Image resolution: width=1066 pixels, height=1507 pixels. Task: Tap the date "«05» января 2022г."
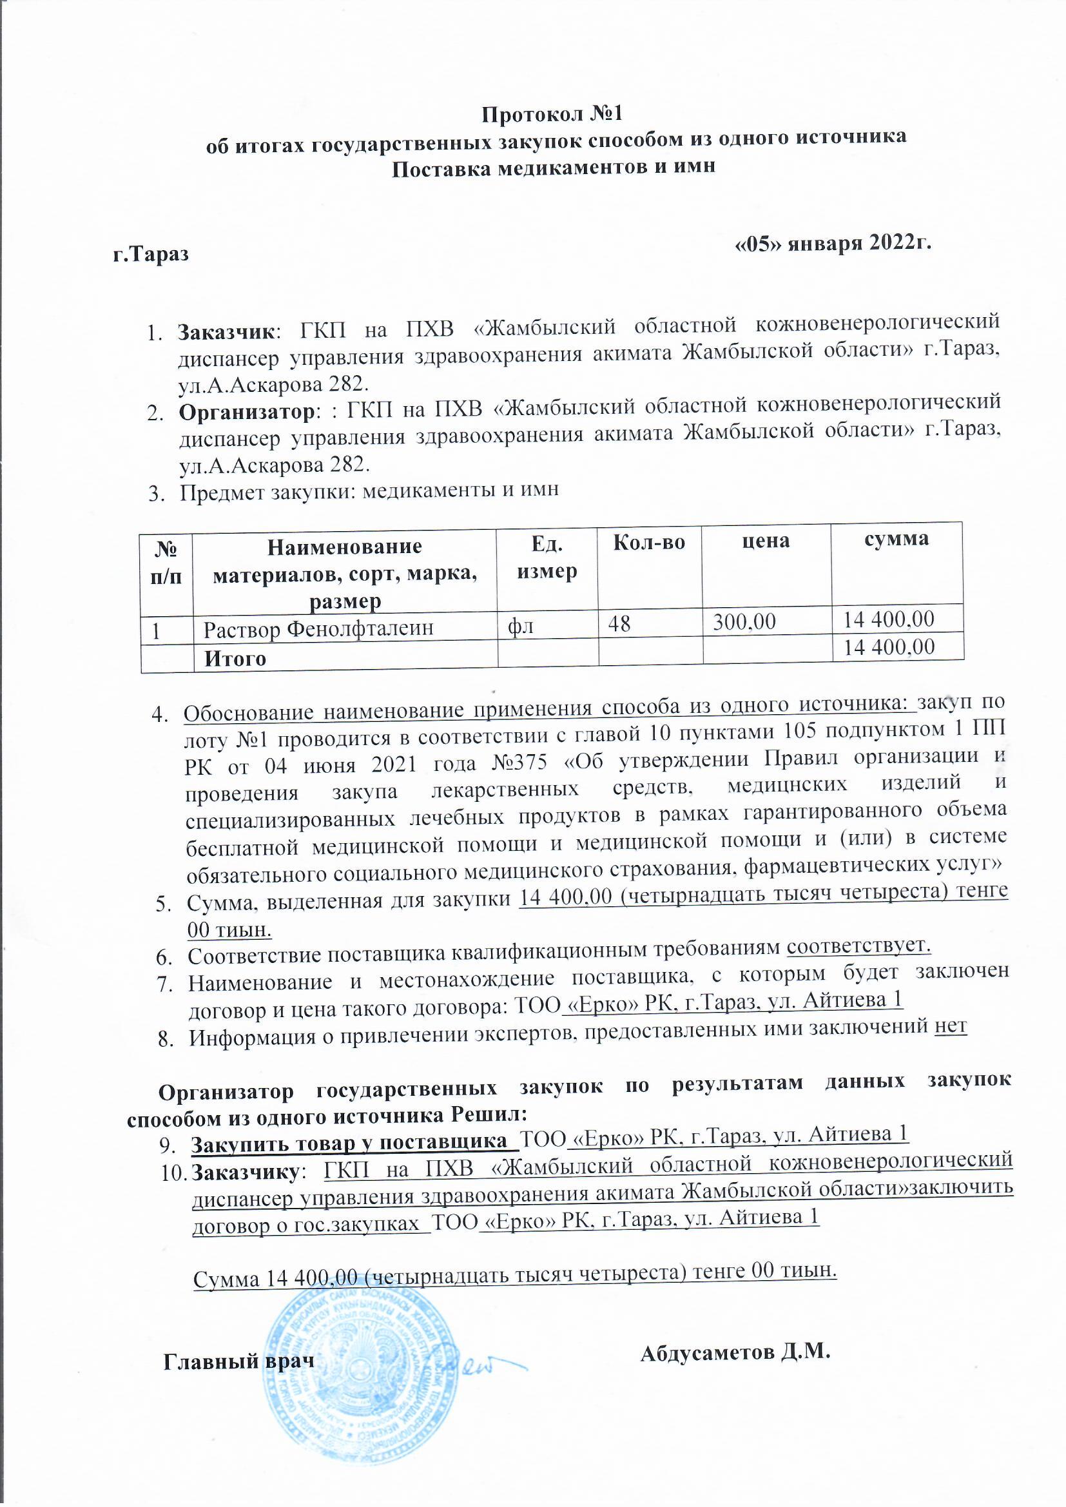coord(833,243)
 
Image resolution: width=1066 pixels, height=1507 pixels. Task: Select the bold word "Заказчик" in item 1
coord(226,331)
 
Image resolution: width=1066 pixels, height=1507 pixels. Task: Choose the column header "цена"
coord(766,541)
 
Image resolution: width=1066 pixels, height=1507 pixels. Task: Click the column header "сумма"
coord(896,539)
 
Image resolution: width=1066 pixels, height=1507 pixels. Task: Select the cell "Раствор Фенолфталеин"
coord(318,630)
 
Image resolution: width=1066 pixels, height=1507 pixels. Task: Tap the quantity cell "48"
coord(619,623)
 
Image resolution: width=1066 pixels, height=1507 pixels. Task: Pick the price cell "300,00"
coord(744,621)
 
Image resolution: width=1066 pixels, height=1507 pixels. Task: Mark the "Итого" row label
coord(235,658)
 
